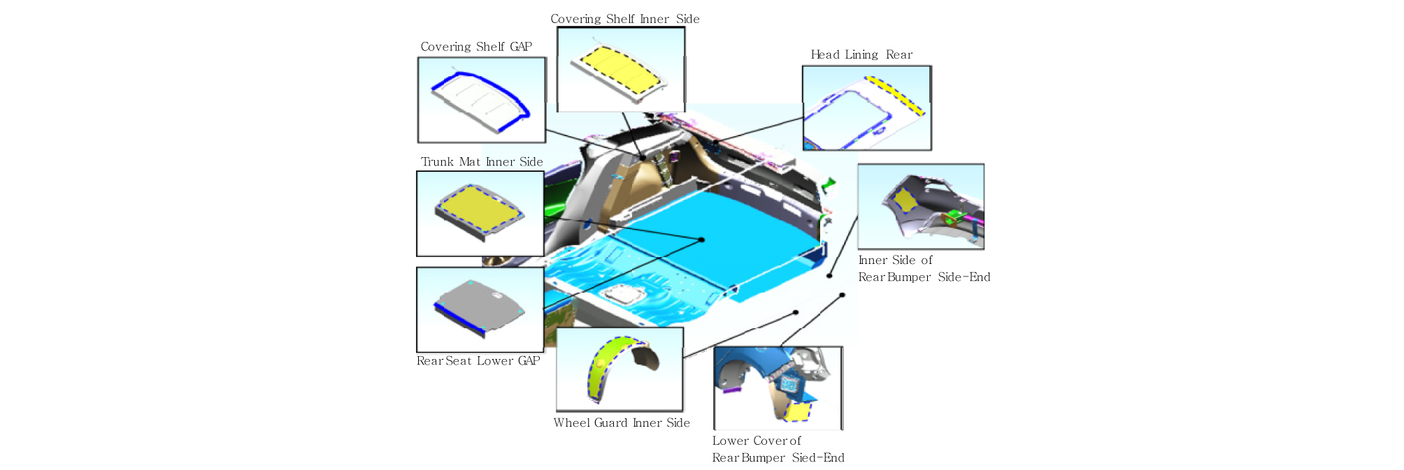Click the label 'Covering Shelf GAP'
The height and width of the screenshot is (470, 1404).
476,47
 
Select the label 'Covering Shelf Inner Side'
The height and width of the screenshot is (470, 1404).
625,19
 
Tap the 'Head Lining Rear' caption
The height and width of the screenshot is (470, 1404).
861,54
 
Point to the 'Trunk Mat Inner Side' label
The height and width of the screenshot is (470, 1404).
482,162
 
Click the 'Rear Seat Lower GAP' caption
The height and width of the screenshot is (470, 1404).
478,361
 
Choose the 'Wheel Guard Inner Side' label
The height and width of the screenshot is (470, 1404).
622,423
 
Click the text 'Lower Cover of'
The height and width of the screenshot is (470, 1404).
757,441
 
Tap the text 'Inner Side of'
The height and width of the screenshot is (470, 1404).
896,260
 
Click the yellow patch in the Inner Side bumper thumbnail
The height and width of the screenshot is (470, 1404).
905,200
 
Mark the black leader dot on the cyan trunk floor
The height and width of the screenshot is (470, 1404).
702,240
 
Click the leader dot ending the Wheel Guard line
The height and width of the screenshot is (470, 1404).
796,312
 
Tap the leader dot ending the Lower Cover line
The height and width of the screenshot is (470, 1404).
843,295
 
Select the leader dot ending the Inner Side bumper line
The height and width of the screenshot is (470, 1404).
829,276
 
